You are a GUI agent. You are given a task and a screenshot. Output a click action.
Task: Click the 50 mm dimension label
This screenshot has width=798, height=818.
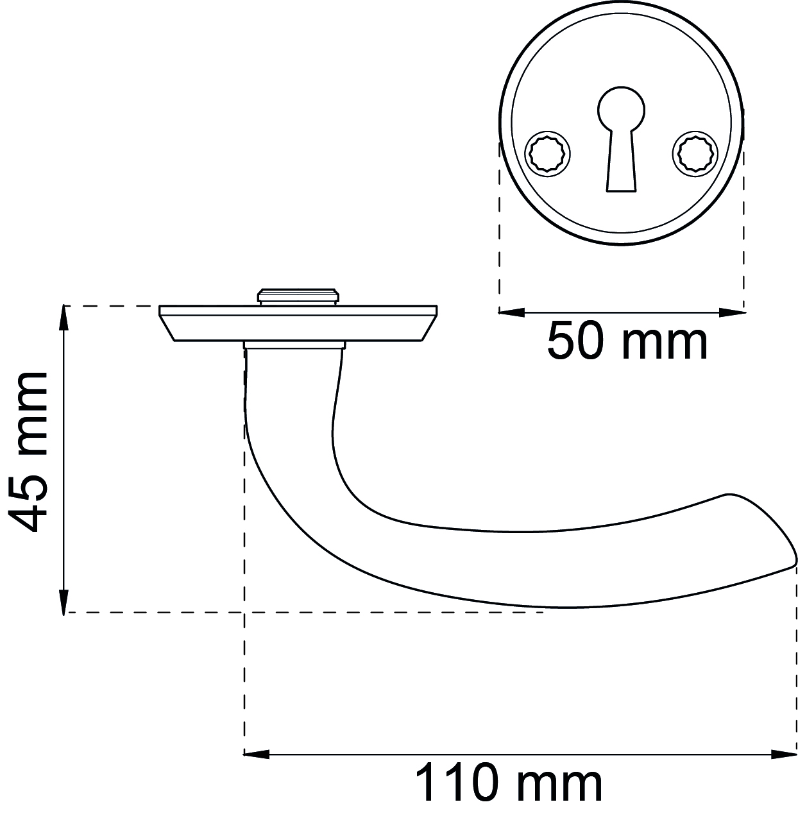627,339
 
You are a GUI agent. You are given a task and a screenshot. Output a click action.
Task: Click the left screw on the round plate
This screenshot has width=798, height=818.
548,154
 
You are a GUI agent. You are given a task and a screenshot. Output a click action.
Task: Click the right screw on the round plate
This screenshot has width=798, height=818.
695,154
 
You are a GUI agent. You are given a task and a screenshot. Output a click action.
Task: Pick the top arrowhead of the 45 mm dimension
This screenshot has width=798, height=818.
64,318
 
